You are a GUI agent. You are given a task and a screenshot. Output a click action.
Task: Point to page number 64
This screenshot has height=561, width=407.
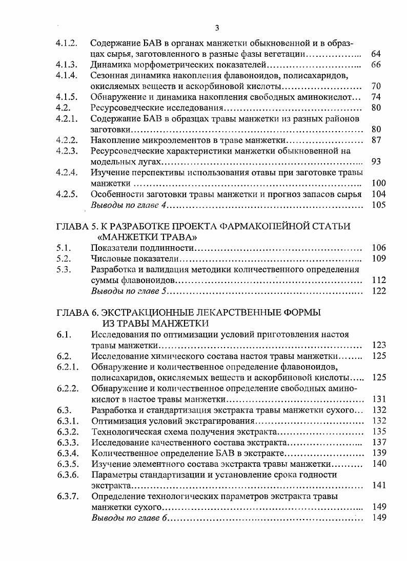(x=376, y=54)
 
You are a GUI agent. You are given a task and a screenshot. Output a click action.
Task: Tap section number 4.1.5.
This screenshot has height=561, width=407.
(x=67, y=97)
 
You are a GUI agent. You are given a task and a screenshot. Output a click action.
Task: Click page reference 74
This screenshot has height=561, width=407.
(x=376, y=97)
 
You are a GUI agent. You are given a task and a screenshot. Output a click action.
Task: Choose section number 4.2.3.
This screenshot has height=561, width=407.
(x=67, y=150)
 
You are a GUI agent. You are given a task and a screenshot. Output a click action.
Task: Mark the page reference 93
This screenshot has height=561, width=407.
(x=376, y=162)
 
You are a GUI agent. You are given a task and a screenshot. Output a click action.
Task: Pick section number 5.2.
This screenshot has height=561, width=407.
(x=63, y=258)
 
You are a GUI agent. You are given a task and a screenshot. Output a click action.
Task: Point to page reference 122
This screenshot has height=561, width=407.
(x=379, y=291)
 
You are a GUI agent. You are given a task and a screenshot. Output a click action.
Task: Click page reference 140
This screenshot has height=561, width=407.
(x=379, y=464)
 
